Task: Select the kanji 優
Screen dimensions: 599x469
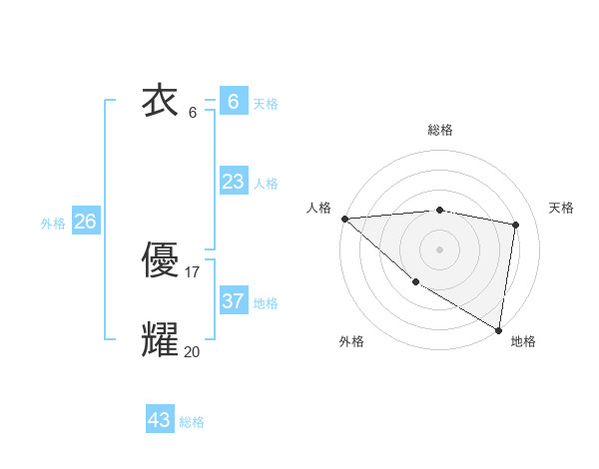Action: point(160,261)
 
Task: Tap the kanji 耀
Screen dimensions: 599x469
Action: point(160,339)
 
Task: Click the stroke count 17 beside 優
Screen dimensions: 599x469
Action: point(192,271)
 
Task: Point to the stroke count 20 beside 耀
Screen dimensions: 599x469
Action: point(192,350)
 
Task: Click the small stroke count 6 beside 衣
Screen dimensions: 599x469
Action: point(193,112)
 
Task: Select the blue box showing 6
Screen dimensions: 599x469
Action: point(233,101)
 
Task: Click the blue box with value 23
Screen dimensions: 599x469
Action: point(233,182)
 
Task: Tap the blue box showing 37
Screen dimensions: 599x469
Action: point(233,300)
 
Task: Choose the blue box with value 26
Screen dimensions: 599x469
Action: point(85,222)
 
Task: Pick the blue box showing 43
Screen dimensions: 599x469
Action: point(159,420)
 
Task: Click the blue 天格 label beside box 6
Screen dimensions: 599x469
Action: point(266,103)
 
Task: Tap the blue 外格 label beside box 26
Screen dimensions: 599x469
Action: point(53,224)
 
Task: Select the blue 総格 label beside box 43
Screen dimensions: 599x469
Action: point(192,422)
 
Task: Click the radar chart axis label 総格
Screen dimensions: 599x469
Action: point(439,130)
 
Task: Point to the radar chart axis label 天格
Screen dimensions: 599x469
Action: point(561,208)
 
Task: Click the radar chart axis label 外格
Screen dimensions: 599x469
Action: point(351,341)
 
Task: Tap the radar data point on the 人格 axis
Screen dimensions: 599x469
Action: point(344,219)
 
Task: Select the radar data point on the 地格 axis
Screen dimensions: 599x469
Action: point(498,329)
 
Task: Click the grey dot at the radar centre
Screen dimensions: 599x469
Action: point(439,248)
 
